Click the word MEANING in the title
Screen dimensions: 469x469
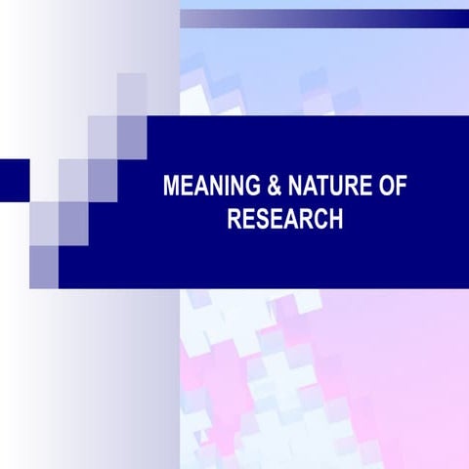204,187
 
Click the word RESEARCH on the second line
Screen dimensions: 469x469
284,219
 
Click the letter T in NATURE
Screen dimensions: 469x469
308,187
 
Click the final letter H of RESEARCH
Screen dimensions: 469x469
335,219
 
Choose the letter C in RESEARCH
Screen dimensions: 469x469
320,219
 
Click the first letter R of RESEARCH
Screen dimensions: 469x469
234,219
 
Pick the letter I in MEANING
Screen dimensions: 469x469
217,187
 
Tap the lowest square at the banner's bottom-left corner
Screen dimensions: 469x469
43,260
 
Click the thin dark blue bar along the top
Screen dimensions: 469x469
322,17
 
